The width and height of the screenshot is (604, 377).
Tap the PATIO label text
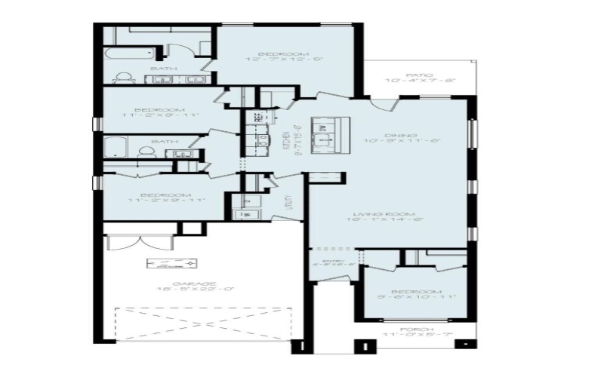pyautogui.click(x=419, y=75)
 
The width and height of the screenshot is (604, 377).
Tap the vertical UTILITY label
pyautogui.click(x=288, y=204)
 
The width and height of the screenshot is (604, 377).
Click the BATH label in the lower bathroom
pyautogui.click(x=165, y=141)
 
